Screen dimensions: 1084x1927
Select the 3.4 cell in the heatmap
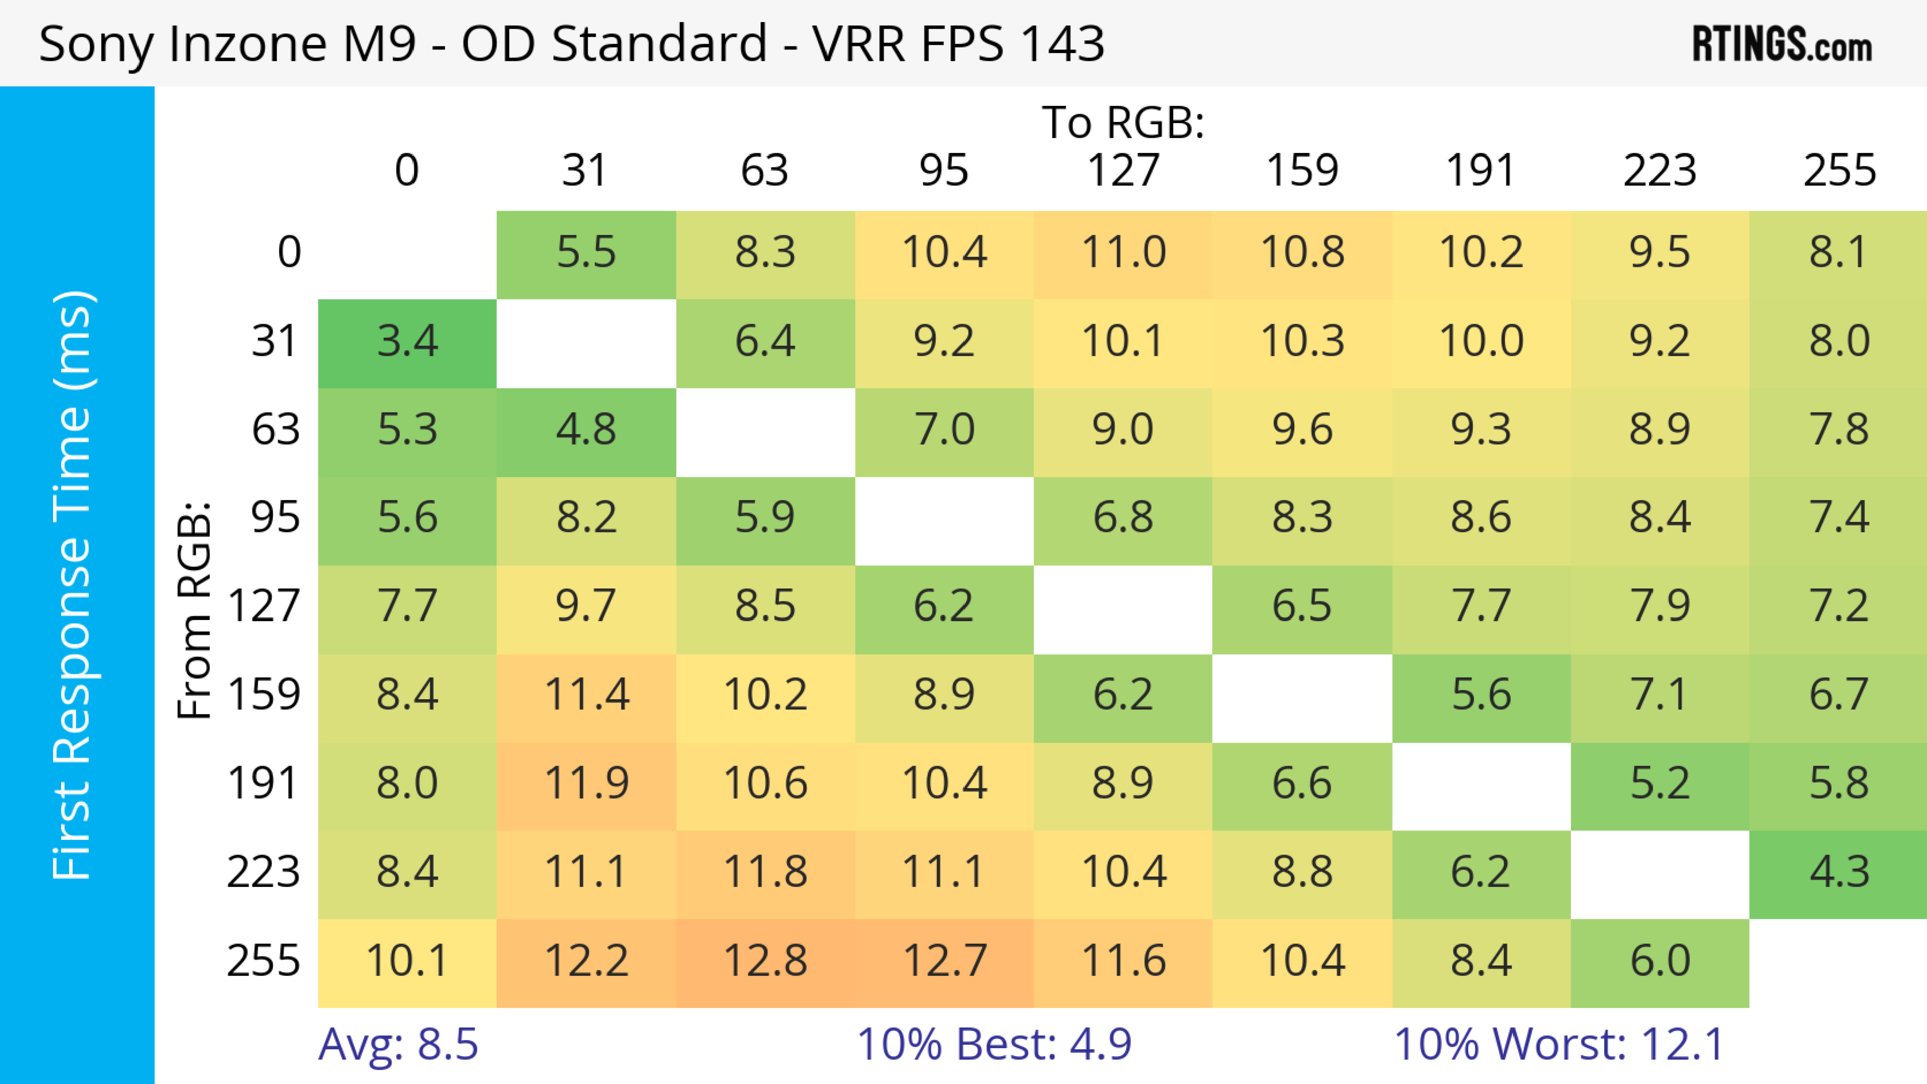point(407,342)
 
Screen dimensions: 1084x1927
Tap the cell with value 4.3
point(1839,872)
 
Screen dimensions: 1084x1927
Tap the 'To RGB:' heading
point(1123,122)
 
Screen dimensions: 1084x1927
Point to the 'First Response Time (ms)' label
point(73,584)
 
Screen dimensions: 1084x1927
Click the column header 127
point(1123,171)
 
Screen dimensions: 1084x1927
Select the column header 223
point(1659,171)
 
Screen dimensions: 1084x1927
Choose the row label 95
point(276,517)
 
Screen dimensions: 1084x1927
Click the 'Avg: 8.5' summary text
point(398,1044)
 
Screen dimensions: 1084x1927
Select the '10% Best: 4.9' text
point(994,1044)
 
